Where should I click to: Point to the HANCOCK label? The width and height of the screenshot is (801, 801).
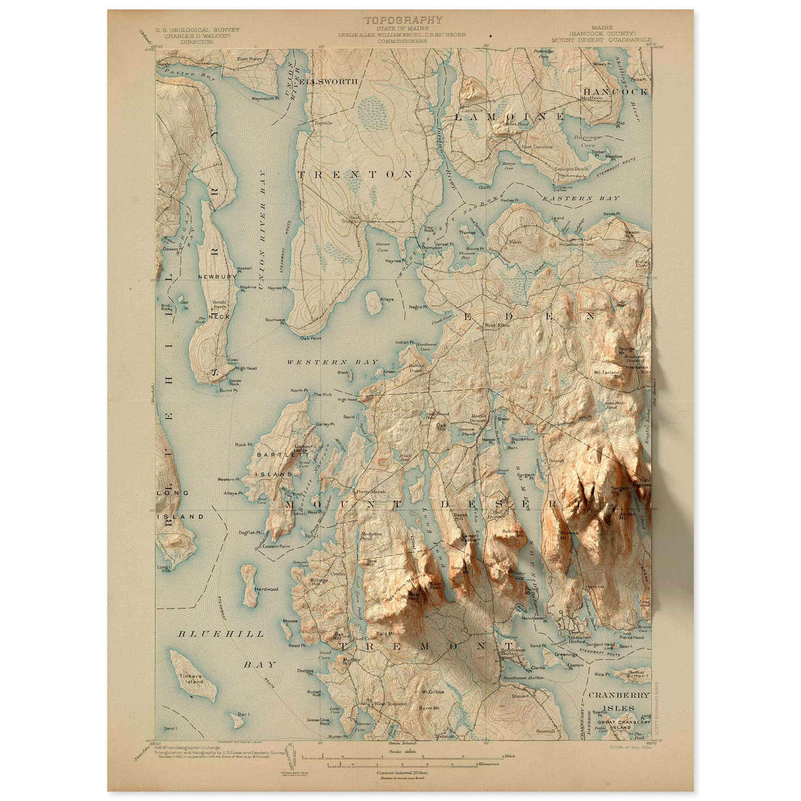pos(615,91)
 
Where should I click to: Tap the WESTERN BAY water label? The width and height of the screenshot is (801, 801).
pos(332,362)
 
